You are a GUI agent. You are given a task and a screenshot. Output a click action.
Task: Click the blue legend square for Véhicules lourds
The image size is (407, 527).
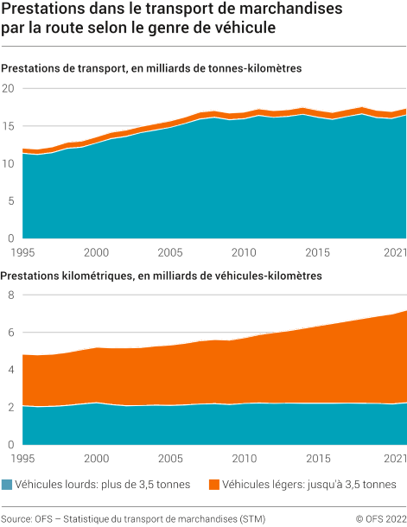(7, 485)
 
